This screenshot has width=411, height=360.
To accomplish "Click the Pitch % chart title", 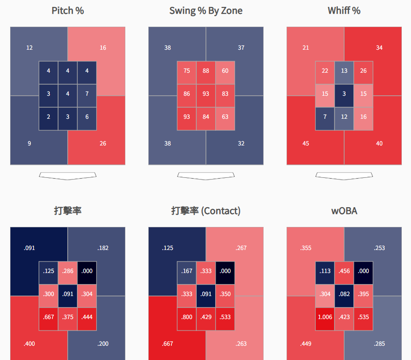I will [68, 11].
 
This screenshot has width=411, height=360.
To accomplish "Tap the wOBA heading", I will [344, 211].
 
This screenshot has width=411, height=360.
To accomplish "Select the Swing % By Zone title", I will [206, 11].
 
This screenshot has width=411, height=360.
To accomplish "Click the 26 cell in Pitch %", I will [103, 143].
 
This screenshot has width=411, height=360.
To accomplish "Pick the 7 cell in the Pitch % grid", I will [87, 94].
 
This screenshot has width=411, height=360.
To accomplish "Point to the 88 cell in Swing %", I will [206, 71].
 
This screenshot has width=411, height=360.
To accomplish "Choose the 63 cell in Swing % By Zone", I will [225, 116].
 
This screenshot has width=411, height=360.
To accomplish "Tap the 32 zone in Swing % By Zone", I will [241, 143].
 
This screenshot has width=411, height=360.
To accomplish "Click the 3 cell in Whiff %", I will [344, 94].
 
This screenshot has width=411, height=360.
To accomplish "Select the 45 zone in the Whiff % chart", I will [305, 143].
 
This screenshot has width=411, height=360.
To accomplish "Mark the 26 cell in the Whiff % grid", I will [364, 71].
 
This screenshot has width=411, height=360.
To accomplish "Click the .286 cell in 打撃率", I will [68, 271].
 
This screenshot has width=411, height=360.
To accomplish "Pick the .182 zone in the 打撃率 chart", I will [103, 248].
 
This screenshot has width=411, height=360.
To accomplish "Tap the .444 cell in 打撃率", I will [87, 317].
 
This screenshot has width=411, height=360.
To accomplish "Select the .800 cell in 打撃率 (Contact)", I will [187, 317].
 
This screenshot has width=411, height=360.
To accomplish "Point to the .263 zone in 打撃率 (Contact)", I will [241, 343].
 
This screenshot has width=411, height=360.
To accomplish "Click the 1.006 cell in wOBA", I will [325, 317].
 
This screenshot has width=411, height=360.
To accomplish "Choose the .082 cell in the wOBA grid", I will [344, 294].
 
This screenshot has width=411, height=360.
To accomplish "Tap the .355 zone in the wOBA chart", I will [305, 248].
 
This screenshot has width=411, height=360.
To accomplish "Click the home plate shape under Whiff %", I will [344, 175].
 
